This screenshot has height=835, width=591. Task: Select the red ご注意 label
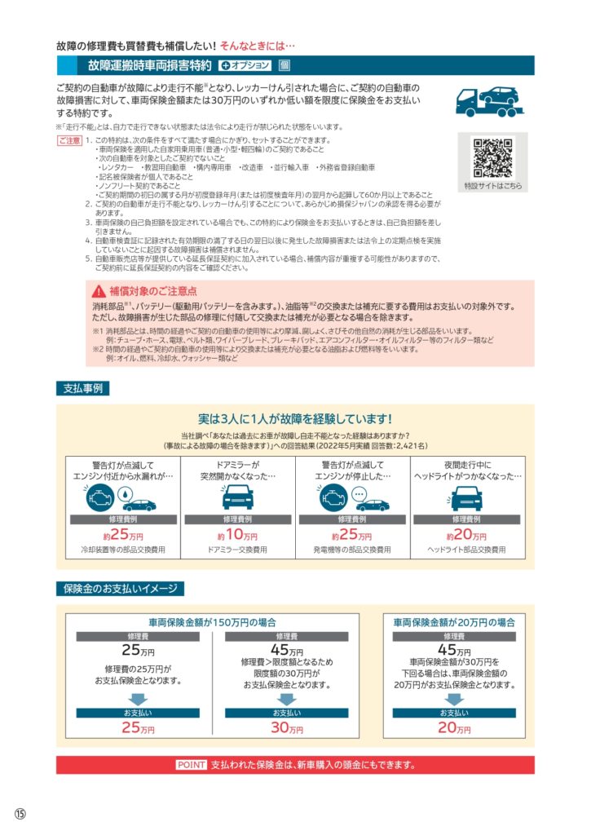point(69,141)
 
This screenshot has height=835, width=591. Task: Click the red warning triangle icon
point(98,291)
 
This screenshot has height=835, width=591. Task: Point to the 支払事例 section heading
point(82,388)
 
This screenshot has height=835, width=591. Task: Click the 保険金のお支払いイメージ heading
point(120,588)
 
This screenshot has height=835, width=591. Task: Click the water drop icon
point(123,495)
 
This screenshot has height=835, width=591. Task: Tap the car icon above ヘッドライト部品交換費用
point(465,496)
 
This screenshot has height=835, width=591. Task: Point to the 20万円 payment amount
point(454,728)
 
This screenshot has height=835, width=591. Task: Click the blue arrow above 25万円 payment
point(137,699)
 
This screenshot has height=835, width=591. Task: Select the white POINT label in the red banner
point(192,765)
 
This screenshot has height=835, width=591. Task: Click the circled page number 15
point(20,815)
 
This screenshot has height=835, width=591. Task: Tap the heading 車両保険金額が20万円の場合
point(454,621)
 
